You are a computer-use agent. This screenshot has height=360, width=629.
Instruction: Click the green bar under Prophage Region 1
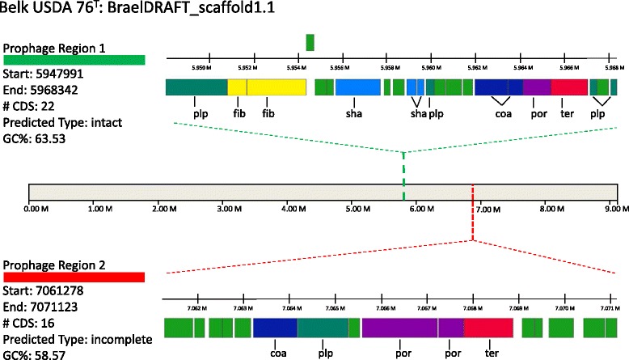(74, 60)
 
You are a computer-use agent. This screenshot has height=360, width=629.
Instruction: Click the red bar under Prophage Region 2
(74, 277)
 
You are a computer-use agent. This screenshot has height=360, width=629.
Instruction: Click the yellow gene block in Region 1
(267, 87)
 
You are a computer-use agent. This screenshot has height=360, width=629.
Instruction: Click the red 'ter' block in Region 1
(569, 87)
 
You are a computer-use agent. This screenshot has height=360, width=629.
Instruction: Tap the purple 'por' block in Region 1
(537, 87)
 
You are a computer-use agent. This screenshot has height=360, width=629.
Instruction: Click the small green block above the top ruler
(310, 42)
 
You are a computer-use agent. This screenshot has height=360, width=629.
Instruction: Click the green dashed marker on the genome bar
(404, 193)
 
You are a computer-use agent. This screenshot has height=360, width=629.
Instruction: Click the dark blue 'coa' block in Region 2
(275, 328)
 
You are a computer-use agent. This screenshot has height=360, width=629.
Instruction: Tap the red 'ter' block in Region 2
(489, 328)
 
